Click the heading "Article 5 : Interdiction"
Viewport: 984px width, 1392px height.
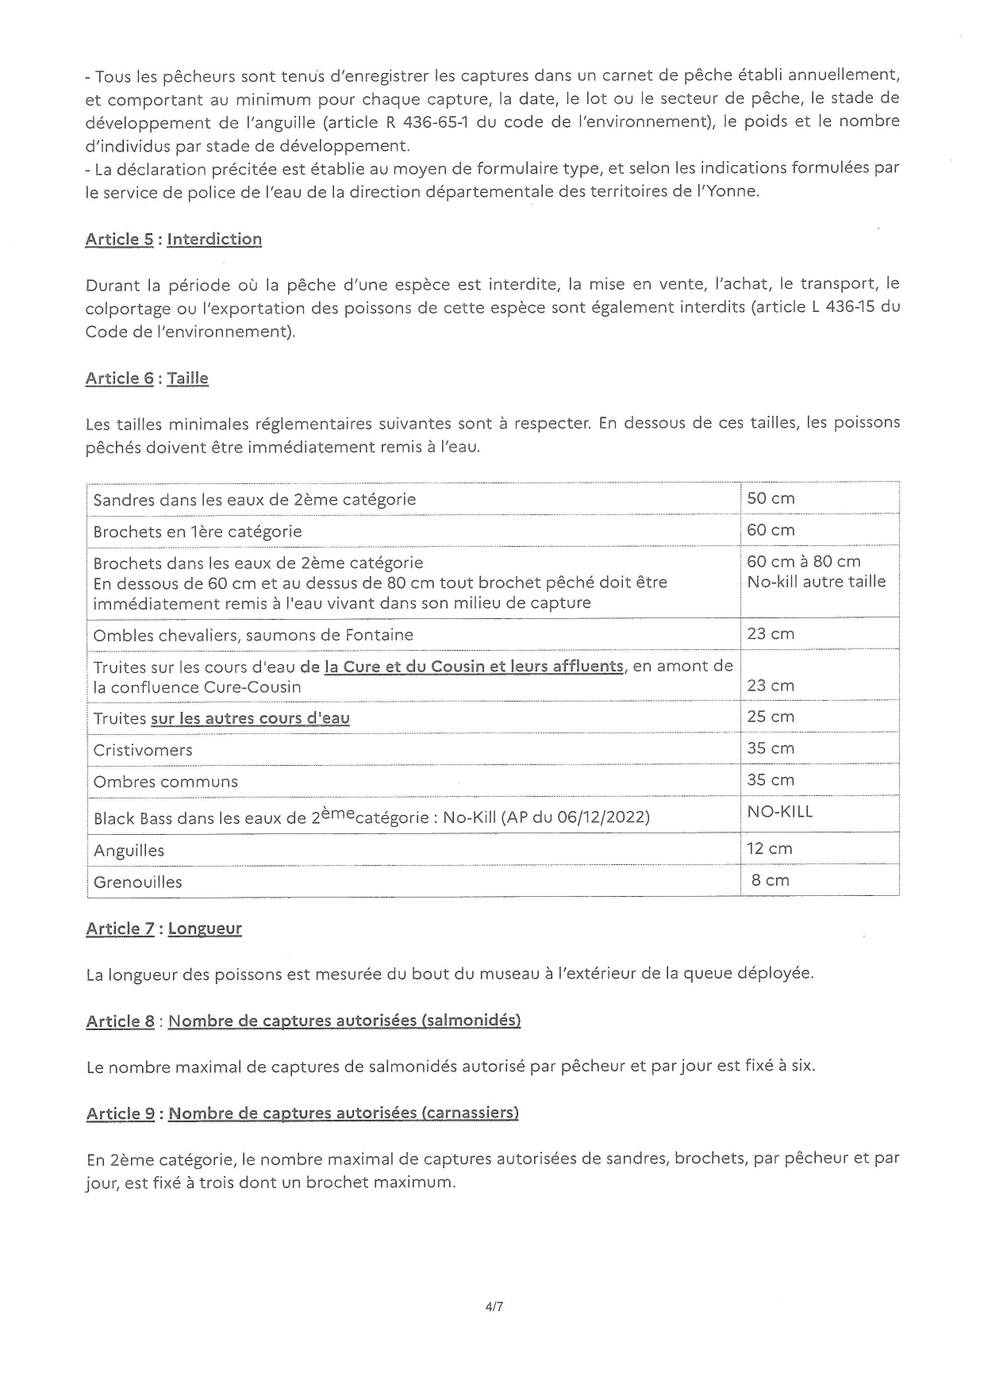coord(173,239)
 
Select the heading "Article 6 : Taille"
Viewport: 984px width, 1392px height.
coord(147,378)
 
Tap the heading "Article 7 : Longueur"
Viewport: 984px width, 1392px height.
coord(163,928)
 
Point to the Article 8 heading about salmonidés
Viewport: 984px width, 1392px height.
coord(303,1021)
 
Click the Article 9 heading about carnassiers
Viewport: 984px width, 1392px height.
coord(302,1113)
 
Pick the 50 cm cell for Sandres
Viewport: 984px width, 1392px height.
coord(771,498)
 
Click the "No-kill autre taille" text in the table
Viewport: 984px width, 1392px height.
coord(816,582)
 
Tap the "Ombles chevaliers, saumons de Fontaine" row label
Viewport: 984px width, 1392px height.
coord(253,635)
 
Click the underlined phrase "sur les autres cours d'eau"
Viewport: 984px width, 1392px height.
coord(250,718)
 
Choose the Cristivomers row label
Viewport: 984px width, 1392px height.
coord(143,750)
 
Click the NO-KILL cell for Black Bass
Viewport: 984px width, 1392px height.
coord(779,812)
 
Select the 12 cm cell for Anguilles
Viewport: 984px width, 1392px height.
coord(769,848)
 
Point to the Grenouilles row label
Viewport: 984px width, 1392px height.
coord(137,882)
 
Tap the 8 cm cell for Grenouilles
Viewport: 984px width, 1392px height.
coord(770,880)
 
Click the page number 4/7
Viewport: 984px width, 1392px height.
coord(494,1305)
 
